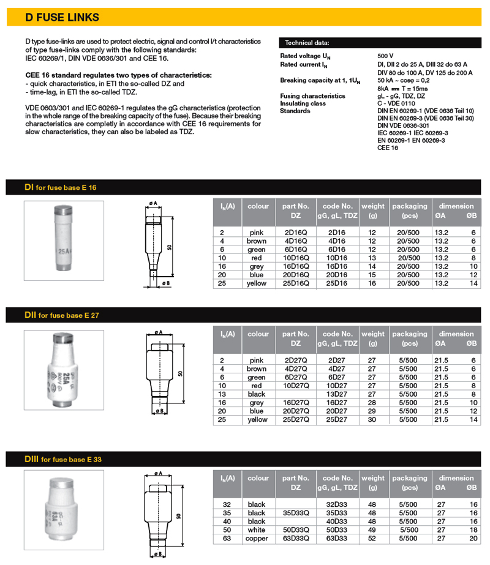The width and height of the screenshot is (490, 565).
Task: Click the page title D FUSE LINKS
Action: [x=62, y=18]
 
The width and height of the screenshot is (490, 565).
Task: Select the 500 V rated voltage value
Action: [x=386, y=56]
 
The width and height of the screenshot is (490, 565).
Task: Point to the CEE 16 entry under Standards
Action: [x=388, y=148]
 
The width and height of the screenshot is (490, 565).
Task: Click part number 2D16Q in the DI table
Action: [x=296, y=233]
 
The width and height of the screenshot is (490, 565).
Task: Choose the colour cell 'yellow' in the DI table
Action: [x=257, y=284]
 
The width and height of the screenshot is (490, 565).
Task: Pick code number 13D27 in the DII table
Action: [x=337, y=394]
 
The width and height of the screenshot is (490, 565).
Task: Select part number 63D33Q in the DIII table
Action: [x=296, y=538]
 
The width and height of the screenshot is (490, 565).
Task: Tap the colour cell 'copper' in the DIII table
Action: [x=257, y=538]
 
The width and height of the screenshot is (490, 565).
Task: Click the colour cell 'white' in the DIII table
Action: [x=257, y=529]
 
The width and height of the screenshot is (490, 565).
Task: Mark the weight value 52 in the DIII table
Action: [x=372, y=538]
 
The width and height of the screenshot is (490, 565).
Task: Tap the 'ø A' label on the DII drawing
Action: [x=159, y=332]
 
